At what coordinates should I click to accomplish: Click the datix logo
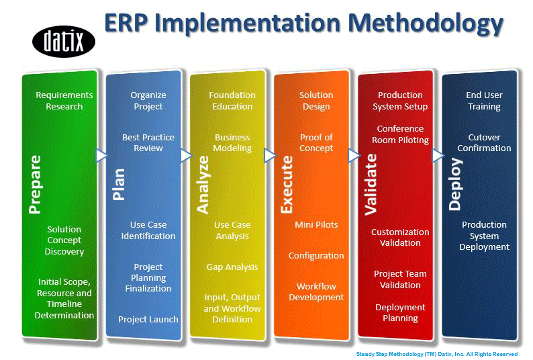click(64, 42)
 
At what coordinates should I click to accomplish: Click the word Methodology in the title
click(426, 24)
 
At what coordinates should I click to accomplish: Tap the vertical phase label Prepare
click(35, 185)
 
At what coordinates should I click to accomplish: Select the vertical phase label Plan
click(119, 185)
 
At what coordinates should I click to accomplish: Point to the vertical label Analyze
click(203, 185)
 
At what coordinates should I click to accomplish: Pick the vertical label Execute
click(287, 185)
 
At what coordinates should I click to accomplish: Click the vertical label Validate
click(371, 185)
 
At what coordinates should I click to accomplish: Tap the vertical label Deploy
click(455, 184)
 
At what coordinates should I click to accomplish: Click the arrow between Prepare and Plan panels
click(101, 156)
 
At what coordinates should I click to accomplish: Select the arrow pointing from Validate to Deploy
click(438, 156)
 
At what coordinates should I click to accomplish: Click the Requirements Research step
click(64, 101)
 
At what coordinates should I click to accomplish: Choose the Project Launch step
click(148, 319)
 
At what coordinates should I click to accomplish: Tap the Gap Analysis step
click(232, 267)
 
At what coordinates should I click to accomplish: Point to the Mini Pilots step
click(316, 224)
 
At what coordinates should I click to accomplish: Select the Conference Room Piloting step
click(401, 134)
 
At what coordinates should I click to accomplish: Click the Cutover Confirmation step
click(484, 142)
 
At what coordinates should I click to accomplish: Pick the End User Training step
click(484, 101)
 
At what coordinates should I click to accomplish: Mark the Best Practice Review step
click(148, 142)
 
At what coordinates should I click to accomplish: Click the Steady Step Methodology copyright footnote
click(437, 354)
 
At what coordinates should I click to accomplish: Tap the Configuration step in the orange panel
click(316, 256)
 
